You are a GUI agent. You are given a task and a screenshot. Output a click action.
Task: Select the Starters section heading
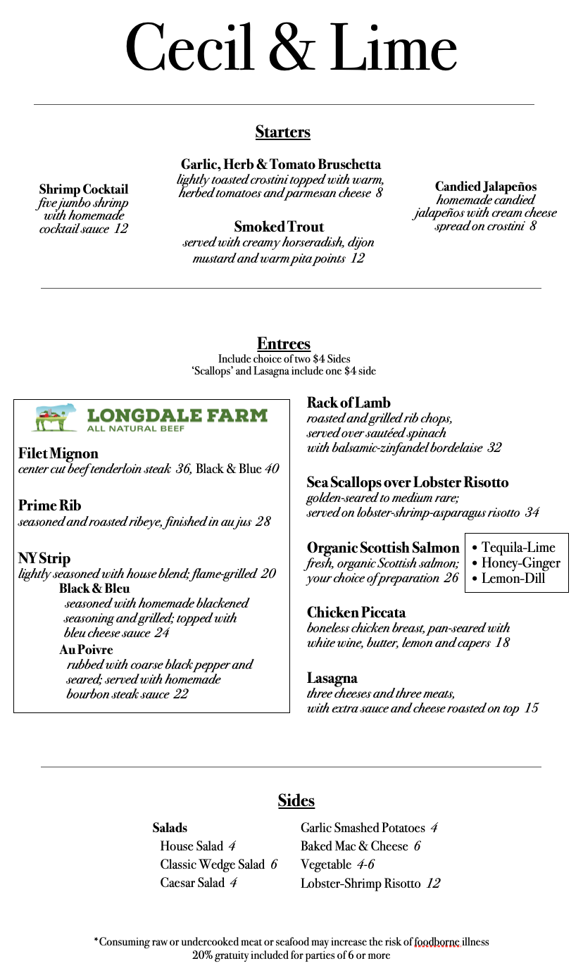coord(282,132)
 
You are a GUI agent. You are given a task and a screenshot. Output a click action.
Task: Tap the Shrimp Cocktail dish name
coord(84,189)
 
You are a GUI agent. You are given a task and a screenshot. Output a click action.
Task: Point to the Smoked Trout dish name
coord(279,227)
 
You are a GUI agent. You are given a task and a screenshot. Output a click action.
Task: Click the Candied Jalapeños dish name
coord(486,187)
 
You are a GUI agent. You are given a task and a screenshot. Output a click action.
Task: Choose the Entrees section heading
coord(284,344)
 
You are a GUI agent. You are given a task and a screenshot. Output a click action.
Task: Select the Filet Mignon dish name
coord(58,453)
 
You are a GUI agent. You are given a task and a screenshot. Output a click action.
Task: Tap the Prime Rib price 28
coord(263,522)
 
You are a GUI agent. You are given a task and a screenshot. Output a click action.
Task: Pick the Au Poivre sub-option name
coord(86,649)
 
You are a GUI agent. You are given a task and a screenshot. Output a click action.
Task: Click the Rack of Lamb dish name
coord(349,403)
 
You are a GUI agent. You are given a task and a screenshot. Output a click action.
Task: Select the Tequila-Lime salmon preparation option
coord(518,548)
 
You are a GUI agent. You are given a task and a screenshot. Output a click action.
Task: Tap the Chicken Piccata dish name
coord(356,612)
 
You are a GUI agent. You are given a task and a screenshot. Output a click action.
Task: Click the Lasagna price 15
coord(531,708)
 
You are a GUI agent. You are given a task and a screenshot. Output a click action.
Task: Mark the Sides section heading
coord(296,800)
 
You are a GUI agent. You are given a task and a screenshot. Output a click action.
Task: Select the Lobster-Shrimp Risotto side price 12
coord(433,884)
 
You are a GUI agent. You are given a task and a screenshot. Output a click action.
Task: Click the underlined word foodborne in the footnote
coord(437,942)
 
